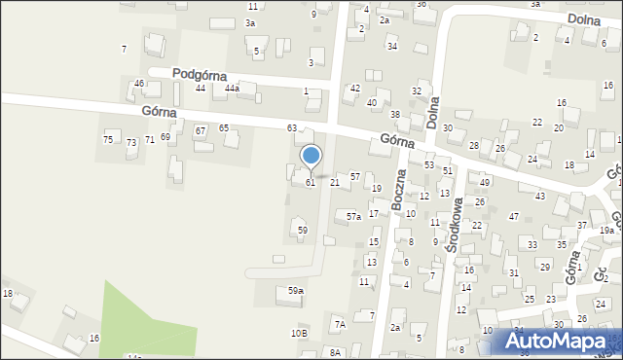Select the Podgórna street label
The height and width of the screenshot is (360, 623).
[200, 74]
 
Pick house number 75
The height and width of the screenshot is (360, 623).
[108, 140]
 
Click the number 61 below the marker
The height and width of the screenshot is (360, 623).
[311, 183]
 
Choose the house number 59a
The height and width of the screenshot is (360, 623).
[295, 291]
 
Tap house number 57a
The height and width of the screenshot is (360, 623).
[354, 216]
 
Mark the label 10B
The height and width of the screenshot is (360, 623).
[299, 334]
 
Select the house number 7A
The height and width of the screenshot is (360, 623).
[339, 324]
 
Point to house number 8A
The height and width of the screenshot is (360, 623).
[335, 352]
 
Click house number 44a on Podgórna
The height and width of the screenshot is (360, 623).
[232, 89]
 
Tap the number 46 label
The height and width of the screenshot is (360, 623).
[139, 84]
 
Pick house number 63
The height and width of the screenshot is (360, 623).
[291, 128]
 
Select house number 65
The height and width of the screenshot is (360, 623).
[223, 128]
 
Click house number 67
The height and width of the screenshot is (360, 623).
[200, 130]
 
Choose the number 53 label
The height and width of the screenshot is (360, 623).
[428, 165]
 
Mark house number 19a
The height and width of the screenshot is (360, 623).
[606, 231]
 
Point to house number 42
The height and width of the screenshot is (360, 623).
[354, 89]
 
